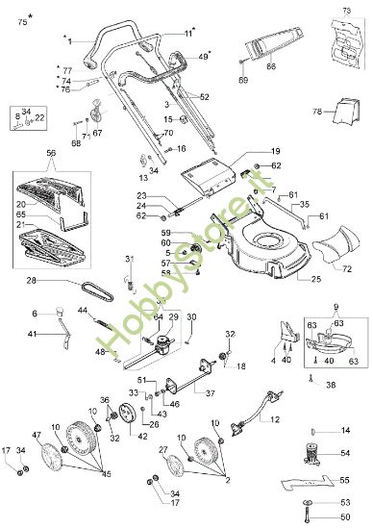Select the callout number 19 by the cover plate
click(274, 152)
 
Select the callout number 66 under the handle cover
click(271, 65)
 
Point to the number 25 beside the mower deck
click(316, 279)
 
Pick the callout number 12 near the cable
click(275, 419)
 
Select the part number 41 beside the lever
click(32, 334)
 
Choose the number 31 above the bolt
click(130, 259)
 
